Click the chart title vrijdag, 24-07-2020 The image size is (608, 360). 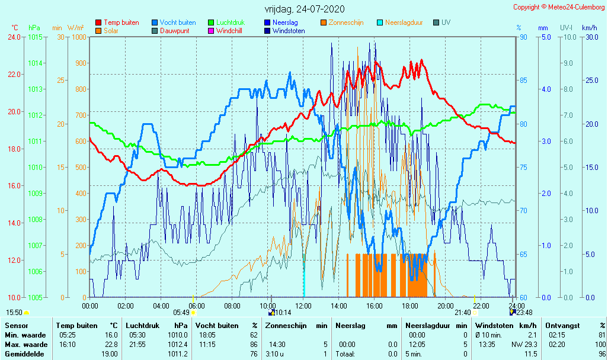(304, 9)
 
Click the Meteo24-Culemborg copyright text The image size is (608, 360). (559, 7)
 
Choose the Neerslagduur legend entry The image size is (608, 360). (404, 22)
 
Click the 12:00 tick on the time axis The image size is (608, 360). (303, 306)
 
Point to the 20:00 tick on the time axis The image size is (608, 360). (446, 306)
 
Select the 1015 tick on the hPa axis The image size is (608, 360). (34, 37)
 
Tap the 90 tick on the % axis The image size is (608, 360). (523, 37)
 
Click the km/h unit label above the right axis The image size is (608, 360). (589, 28)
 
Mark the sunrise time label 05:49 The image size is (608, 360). (181, 312)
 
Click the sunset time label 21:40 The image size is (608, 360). (463, 312)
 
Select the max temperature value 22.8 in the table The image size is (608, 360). (110, 344)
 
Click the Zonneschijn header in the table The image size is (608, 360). (287, 325)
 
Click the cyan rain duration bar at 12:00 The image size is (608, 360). (303, 281)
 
